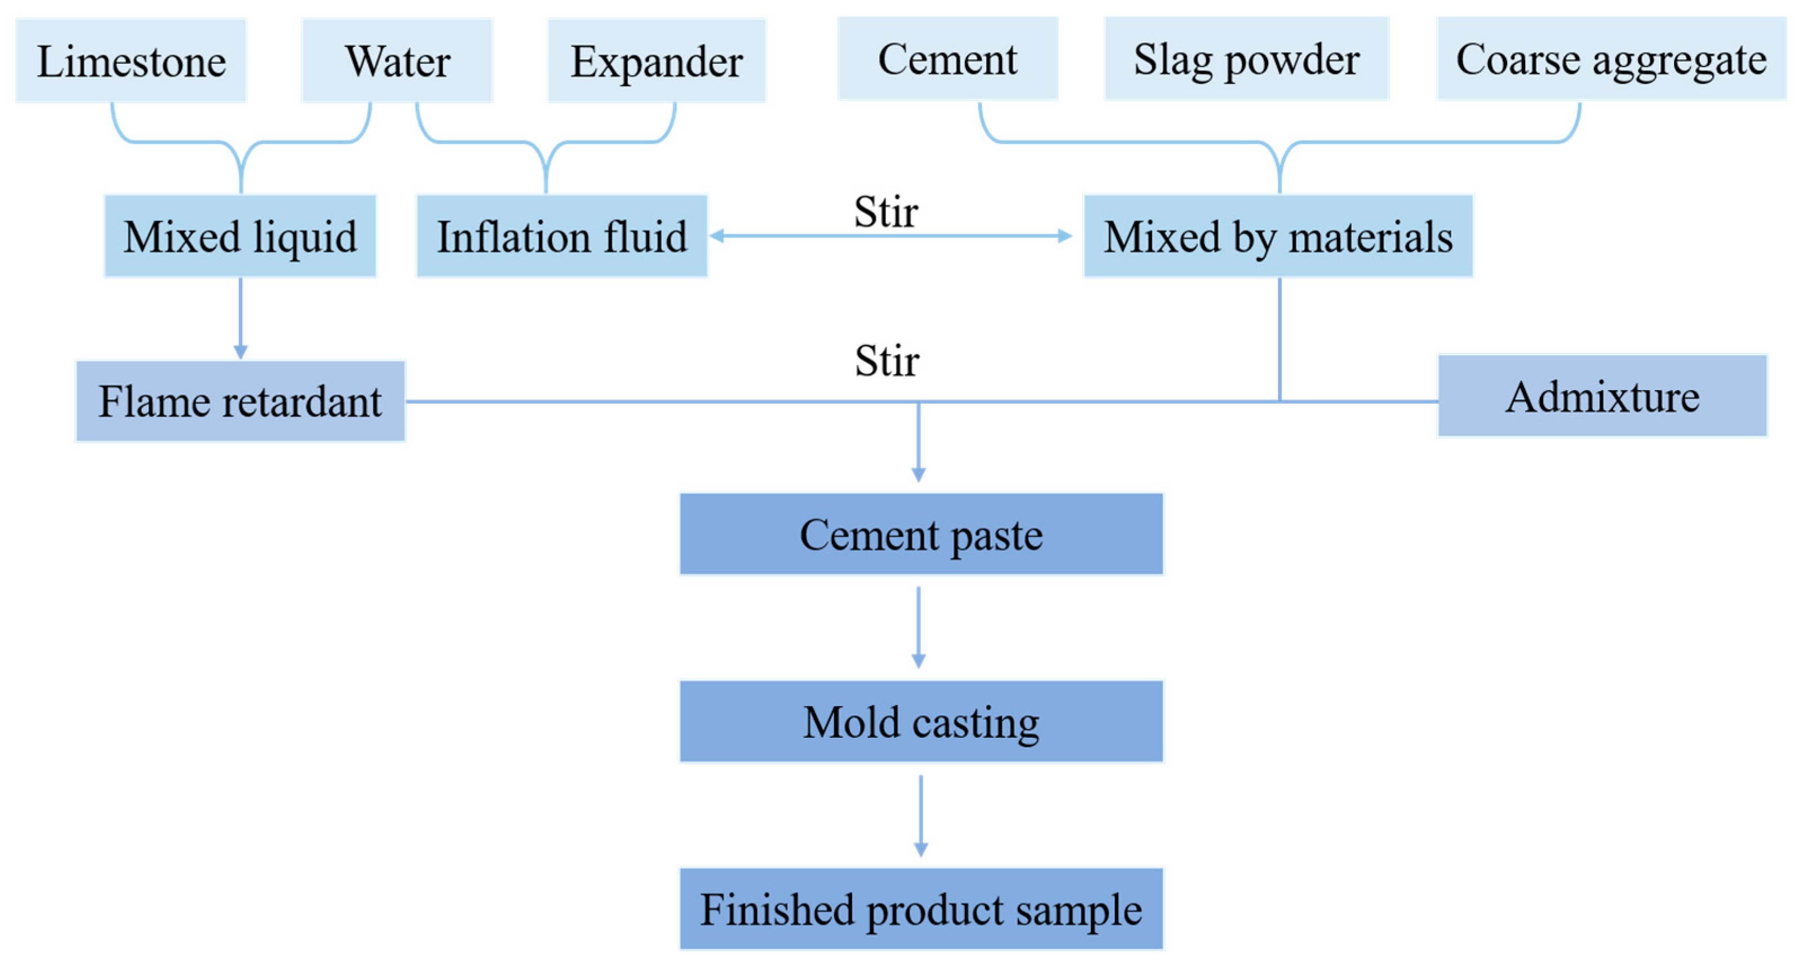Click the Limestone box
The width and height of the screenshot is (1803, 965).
pos(131,61)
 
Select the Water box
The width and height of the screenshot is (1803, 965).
pos(397,61)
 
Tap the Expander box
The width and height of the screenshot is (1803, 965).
pos(656,61)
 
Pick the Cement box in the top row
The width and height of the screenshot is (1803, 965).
pos(947,59)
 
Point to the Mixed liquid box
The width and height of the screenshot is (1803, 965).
pos(240,237)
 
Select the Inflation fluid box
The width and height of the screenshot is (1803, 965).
pos(561,237)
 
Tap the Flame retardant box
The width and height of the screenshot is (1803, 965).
pos(240,401)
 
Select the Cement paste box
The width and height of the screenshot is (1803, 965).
pos(920,534)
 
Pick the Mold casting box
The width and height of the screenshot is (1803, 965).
pos(920,721)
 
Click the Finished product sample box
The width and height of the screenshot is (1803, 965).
pos(920,909)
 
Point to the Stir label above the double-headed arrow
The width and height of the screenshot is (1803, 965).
pos(885,211)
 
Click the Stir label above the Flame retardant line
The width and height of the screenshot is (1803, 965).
pos(886,361)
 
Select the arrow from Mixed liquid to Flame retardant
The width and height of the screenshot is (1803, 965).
pos(240,318)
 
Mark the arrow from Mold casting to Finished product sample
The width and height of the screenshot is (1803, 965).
pos(920,815)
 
